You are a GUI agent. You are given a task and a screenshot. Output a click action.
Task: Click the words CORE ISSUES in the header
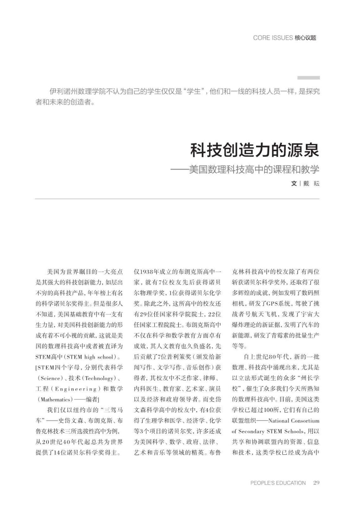[273, 38]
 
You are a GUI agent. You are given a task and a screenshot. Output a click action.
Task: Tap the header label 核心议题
[305, 38]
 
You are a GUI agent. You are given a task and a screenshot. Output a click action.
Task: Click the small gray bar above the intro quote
[308, 78]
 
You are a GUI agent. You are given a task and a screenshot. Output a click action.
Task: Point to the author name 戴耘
[311, 183]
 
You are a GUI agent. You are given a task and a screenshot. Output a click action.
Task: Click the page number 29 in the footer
[316, 483]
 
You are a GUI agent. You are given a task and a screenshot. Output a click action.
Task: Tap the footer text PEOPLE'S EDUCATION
[278, 483]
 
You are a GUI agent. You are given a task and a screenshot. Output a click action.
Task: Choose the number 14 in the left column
[57, 453]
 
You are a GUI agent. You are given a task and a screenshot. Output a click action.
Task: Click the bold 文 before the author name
[294, 183]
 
